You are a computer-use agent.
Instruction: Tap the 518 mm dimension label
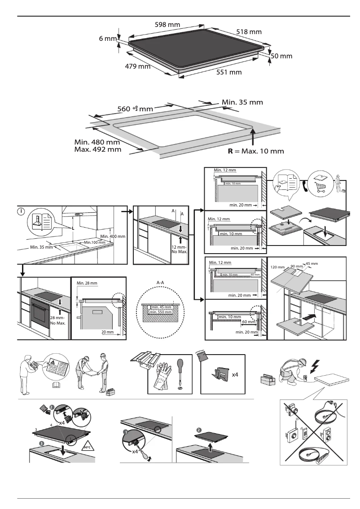(x=249, y=32)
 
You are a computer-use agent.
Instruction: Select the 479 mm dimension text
(x=137, y=67)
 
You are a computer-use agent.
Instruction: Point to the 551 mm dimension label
(x=229, y=72)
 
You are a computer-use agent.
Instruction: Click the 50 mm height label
(x=282, y=57)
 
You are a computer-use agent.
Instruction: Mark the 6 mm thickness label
(x=108, y=39)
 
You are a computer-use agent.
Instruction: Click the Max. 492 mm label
(x=97, y=149)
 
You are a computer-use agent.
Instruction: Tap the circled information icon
(x=21, y=211)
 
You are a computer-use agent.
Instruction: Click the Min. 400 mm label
(x=112, y=237)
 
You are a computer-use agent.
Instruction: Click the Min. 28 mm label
(x=86, y=283)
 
